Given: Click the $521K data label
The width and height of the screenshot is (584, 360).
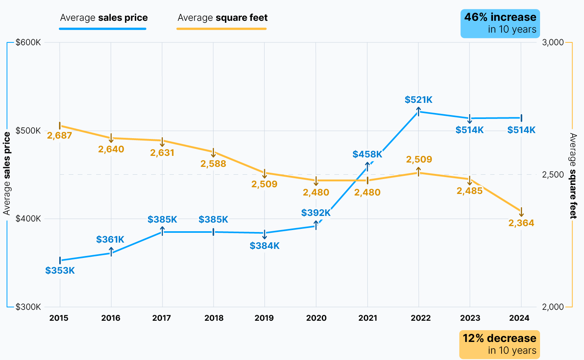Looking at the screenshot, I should click(x=418, y=100).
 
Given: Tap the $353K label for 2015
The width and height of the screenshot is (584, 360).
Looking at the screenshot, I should click(x=60, y=270).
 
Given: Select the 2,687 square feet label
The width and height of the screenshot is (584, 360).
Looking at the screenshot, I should click(x=60, y=135).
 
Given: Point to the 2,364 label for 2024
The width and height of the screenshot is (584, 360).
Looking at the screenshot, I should click(x=521, y=223).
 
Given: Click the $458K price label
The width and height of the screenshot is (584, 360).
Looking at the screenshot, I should click(x=367, y=154).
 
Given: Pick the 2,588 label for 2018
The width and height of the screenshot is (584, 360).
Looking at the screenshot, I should click(x=213, y=164).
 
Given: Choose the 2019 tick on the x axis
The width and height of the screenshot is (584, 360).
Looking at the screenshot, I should click(x=264, y=318).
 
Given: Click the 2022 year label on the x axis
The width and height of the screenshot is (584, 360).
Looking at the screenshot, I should click(x=420, y=318).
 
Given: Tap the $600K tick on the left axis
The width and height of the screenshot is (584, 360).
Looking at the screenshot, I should click(x=28, y=42).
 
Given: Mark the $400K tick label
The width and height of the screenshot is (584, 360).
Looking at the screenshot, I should click(x=28, y=219).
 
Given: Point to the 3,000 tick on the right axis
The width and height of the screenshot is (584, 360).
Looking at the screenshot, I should click(x=553, y=42).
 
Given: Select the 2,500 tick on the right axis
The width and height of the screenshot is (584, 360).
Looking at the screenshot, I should click(x=553, y=175).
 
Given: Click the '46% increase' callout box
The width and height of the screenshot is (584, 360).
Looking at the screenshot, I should click(x=500, y=24).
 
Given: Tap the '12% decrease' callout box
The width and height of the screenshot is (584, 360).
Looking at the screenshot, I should click(x=499, y=344).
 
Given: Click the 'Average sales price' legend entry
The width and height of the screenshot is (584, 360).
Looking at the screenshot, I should click(x=104, y=18).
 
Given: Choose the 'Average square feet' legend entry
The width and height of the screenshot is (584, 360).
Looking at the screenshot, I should click(x=223, y=18).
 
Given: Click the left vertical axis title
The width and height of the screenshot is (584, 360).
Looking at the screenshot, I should click(x=7, y=174).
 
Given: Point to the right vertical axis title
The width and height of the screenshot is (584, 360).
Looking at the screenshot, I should click(x=573, y=176).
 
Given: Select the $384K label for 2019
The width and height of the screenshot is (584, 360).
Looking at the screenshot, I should click(x=265, y=246).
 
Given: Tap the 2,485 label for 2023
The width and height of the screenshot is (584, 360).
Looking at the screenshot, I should click(x=469, y=191).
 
